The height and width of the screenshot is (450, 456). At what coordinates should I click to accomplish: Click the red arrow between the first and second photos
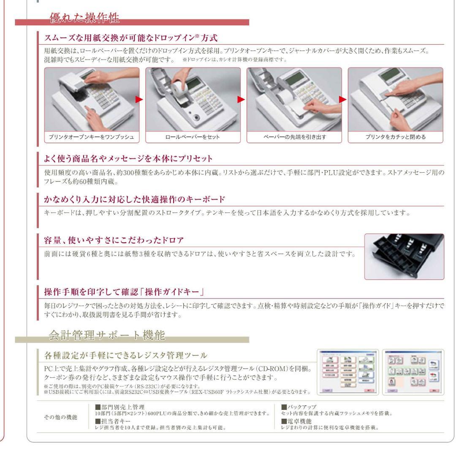click(x=140, y=100)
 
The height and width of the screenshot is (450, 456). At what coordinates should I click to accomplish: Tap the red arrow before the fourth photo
click(x=343, y=100)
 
